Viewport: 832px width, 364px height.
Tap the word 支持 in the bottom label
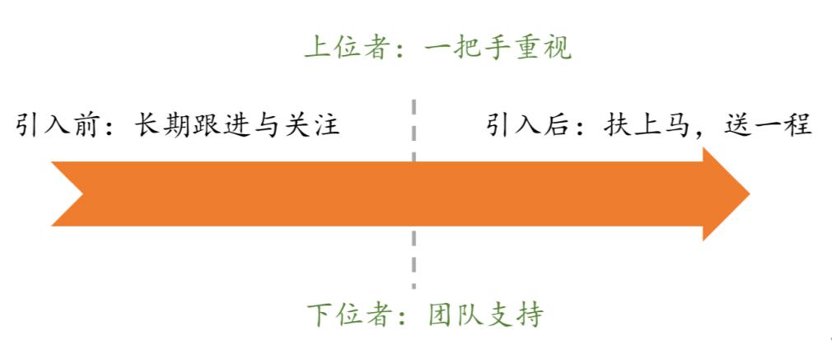click(518, 315)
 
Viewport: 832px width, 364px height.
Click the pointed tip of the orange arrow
click(750, 194)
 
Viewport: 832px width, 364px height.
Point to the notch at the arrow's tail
click(82, 194)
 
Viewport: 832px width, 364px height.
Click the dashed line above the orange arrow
click(414, 129)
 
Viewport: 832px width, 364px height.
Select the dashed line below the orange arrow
click(414, 258)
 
